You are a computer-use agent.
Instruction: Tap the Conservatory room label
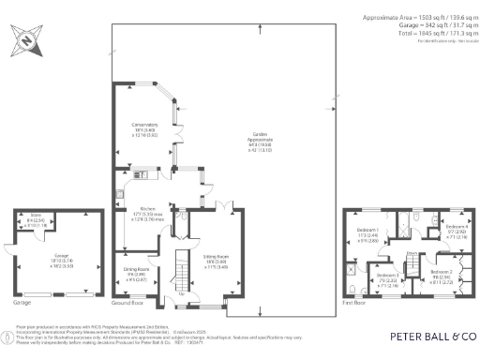point(143,129)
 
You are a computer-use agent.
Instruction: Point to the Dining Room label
point(138,273)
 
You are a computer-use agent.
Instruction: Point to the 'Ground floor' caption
point(127,304)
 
